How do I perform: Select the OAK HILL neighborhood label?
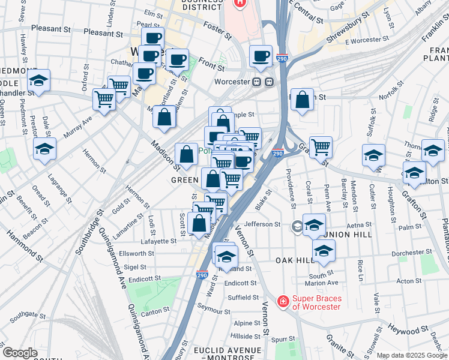pos(295,260)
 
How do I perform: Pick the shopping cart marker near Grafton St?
pos(321,145)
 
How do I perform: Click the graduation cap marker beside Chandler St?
pos(39,81)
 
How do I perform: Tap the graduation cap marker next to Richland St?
pos(226,256)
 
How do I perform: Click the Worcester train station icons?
pos(263,82)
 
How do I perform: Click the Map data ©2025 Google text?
pos(412,355)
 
